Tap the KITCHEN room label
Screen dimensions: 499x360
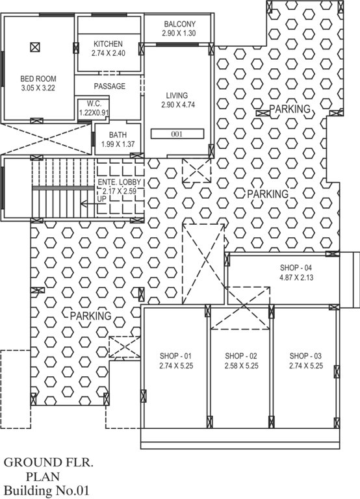point(108,44)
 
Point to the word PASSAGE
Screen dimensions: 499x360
point(109,86)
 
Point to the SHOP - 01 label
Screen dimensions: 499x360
point(176,356)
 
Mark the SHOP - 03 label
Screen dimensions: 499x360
point(306,356)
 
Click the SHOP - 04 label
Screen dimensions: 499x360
point(296,268)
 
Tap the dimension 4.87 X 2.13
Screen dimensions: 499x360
point(296,277)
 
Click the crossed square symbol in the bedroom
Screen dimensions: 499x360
point(35,47)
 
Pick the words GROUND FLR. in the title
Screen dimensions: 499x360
point(49,463)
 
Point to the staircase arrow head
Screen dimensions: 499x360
point(84,203)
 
